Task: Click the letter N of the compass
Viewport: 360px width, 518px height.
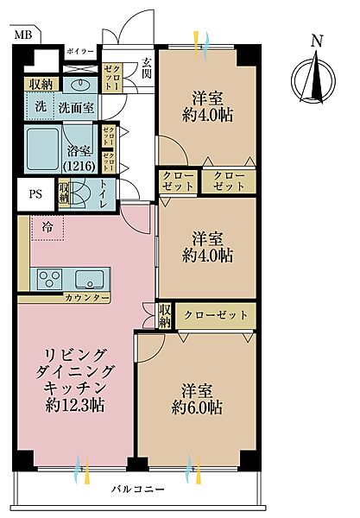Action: click(x=316, y=41)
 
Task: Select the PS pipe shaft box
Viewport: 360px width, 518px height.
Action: click(x=35, y=193)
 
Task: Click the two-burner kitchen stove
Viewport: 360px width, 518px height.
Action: click(x=47, y=279)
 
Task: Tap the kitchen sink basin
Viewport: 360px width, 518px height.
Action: click(x=89, y=279)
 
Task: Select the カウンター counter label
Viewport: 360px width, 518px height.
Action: click(x=85, y=298)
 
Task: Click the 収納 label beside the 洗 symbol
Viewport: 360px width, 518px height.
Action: click(x=41, y=85)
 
